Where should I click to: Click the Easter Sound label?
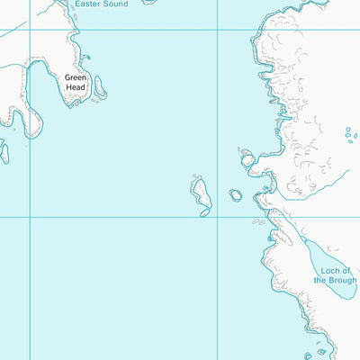pos(101,4)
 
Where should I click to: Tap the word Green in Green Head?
pos(75,77)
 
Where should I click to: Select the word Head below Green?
pos(75,87)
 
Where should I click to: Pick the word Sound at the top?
pos(114,4)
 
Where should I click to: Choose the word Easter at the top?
pos(87,4)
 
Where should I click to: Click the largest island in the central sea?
pos(200,191)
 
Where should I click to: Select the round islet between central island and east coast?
pos(236,194)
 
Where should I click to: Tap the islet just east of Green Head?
pos(100,87)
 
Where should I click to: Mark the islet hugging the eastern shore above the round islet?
pos(247,159)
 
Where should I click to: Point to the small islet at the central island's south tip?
pos(205,212)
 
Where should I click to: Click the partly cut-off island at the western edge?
pos(4,152)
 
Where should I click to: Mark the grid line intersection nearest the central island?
pos(217,217)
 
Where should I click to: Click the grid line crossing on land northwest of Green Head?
pos(30,30)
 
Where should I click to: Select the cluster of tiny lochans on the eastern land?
pos(350,135)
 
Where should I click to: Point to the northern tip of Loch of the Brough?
pos(307,241)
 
